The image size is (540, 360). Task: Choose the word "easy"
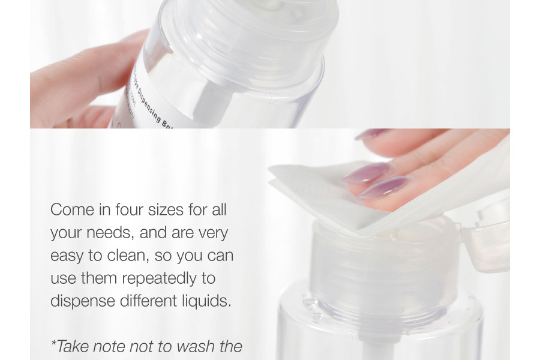tap(67, 256)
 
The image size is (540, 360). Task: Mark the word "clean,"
tap(128, 256)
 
